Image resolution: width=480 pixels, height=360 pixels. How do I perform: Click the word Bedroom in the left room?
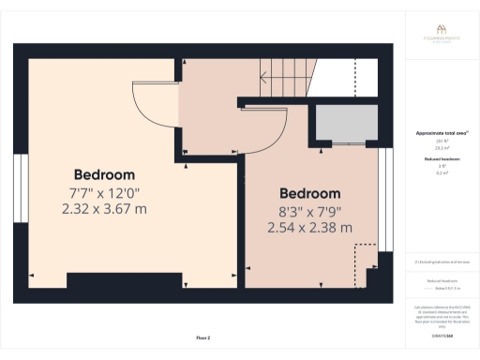104,174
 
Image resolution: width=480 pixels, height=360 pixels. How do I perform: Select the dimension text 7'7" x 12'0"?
104,192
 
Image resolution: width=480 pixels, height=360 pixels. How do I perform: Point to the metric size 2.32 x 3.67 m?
104,209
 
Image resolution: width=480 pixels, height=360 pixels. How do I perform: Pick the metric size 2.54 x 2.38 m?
309,227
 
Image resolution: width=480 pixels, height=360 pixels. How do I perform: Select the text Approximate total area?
441,133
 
